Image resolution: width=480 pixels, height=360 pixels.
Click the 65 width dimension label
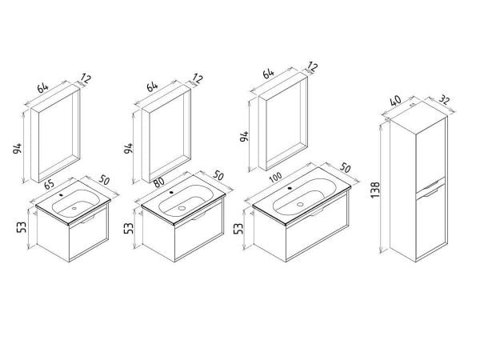(50, 184)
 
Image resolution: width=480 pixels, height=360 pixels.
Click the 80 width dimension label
(159, 182)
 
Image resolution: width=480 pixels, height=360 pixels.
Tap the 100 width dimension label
(277, 178)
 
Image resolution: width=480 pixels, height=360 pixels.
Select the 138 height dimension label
(376, 190)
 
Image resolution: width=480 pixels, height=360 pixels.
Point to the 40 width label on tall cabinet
(396, 102)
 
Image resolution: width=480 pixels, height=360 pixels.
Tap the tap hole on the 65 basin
(62, 194)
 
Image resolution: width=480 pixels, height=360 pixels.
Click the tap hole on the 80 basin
(171, 193)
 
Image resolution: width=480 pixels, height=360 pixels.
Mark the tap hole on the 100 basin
(289, 188)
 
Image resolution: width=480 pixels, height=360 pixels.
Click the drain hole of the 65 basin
(74, 208)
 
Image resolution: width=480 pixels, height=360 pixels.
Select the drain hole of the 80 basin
(182, 208)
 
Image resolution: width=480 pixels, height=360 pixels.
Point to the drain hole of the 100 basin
(300, 204)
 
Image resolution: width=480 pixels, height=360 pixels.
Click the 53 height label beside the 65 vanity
(22, 226)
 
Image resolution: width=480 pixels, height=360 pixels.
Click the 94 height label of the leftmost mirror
(18, 148)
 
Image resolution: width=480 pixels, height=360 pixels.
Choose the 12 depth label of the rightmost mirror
(312, 67)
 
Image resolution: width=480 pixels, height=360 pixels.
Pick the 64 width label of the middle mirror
(152, 86)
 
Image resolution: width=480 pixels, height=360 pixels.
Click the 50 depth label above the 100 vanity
(346, 168)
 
